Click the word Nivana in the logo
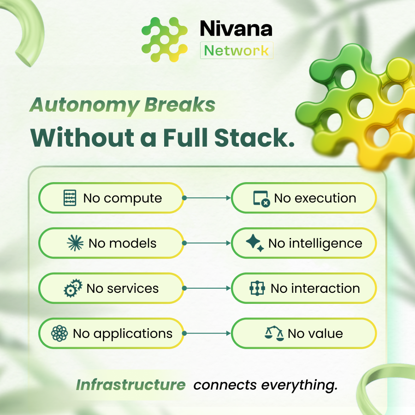coord(236,28)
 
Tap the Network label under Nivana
coord(237,50)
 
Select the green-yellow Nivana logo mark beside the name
coord(165,40)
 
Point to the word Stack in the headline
coord(255,137)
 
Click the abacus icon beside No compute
coord(70,198)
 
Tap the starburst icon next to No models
coord(75,243)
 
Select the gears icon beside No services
coord(73,288)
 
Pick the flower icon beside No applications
coord(59,333)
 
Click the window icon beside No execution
coord(261,198)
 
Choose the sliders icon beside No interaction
coord(257,288)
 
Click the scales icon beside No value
coord(274,333)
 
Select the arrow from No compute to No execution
coord(207,198)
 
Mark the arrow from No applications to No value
coord(207,333)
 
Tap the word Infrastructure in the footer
coord(131,385)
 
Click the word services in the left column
coord(133,288)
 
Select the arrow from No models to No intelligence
coord(207,243)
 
